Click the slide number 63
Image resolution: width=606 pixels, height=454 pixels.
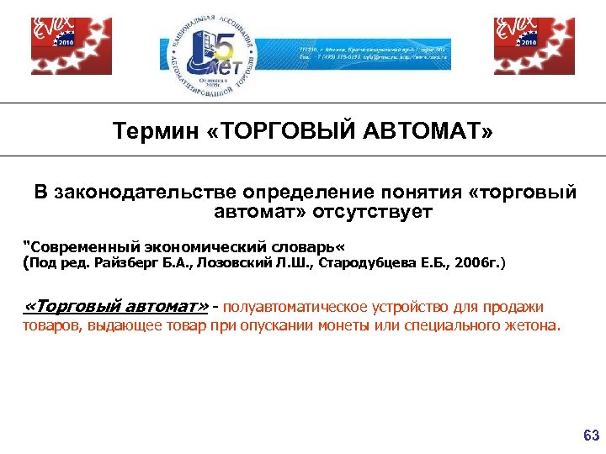pyautogui.click(x=591, y=436)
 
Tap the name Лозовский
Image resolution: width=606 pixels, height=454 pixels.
pyautogui.click(x=238, y=264)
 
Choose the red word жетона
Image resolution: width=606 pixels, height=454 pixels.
pyautogui.click(x=531, y=325)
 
